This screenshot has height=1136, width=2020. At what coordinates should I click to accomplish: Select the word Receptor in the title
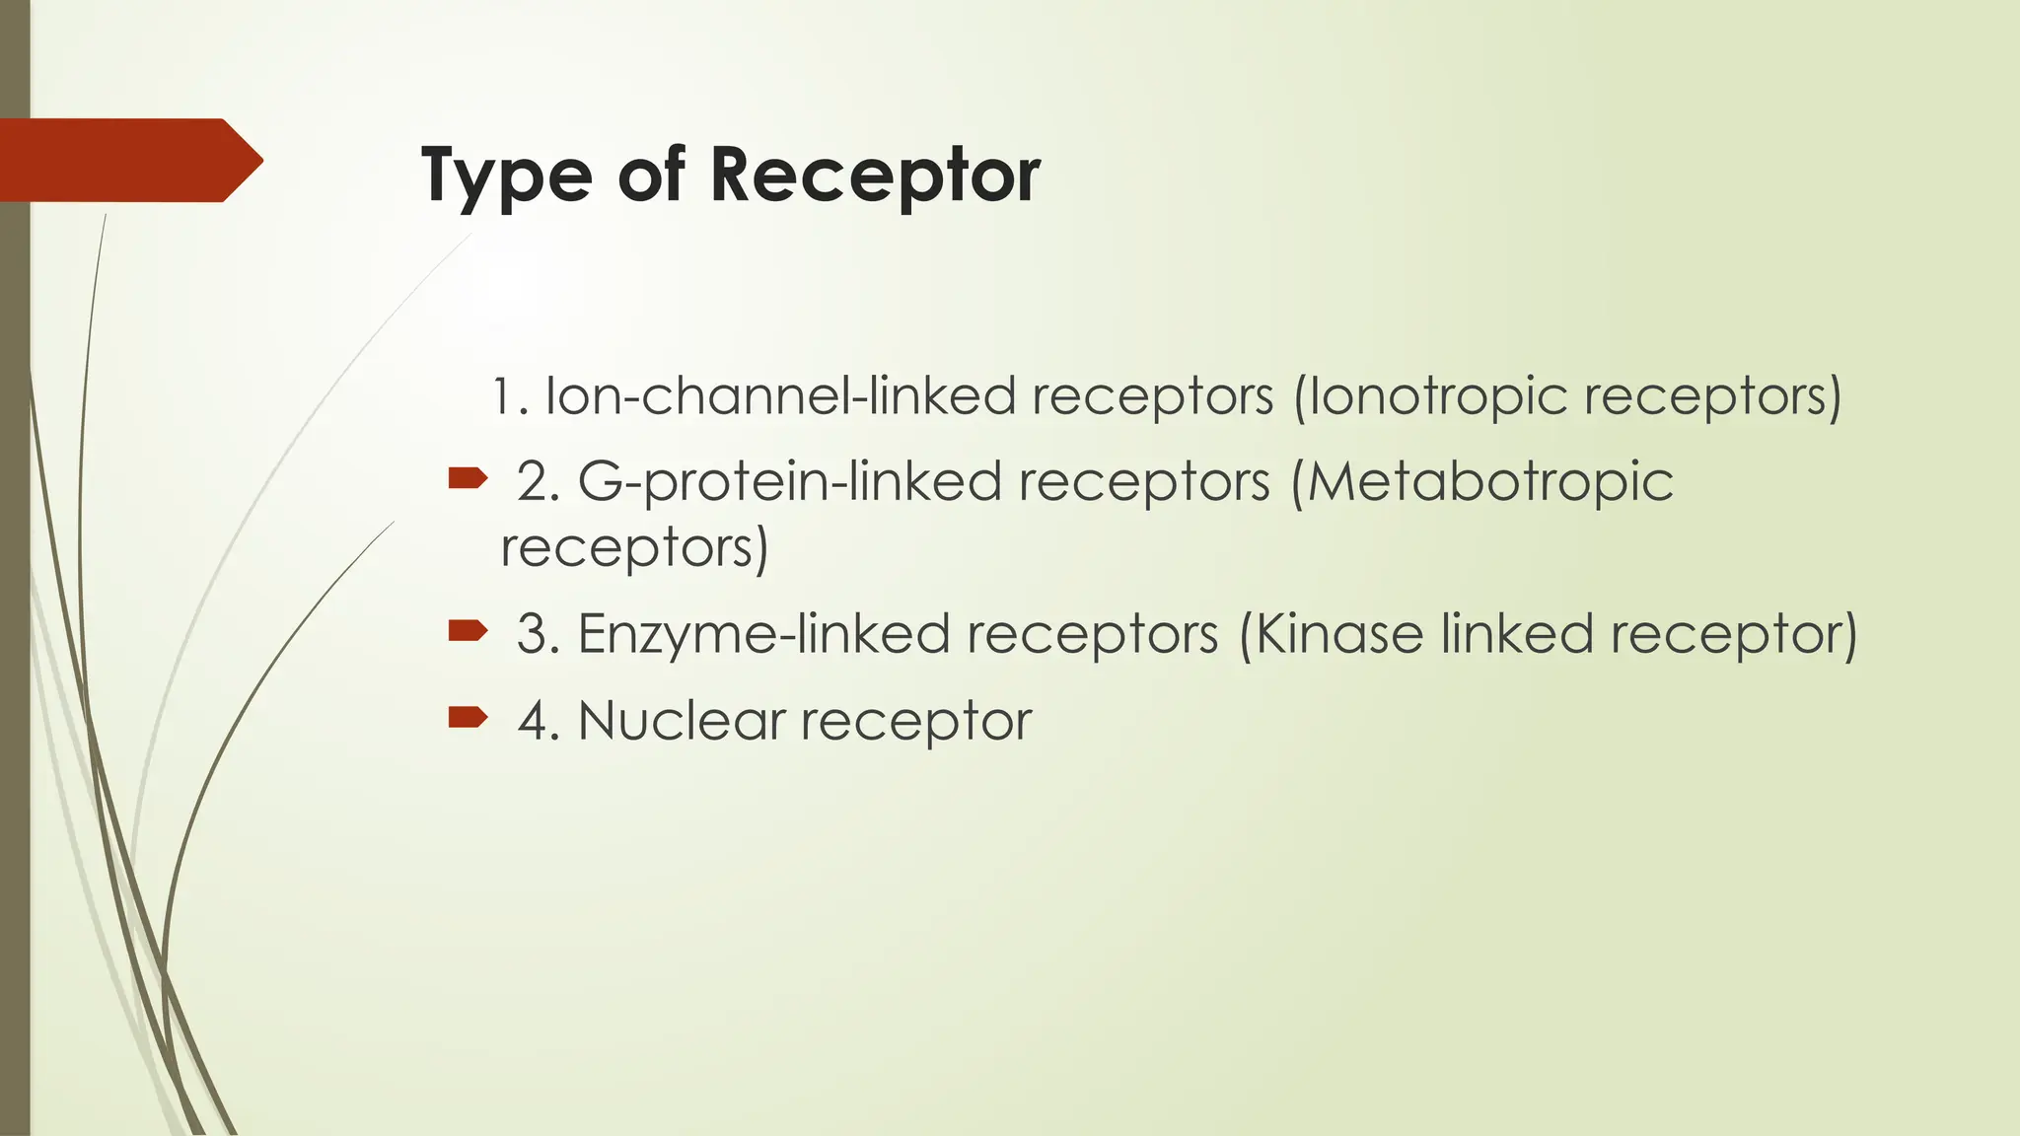pos(875,176)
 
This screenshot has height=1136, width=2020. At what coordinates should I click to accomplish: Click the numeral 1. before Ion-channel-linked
pos(510,396)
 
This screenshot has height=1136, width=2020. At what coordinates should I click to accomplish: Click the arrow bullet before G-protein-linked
pos(468,480)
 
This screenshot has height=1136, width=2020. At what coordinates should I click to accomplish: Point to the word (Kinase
pos(1330,633)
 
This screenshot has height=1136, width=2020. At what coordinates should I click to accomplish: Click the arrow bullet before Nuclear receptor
pos(468,717)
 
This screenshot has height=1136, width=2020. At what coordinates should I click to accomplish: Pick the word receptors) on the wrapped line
pos(634,548)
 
